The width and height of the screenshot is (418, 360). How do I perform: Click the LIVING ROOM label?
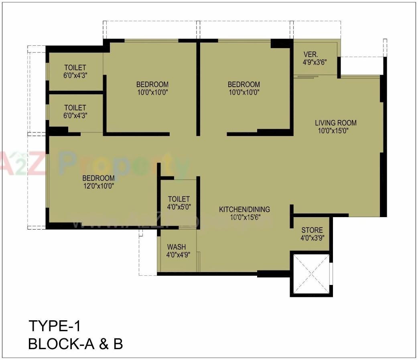click(335, 123)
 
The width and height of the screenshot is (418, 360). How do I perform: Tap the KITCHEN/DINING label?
click(244, 209)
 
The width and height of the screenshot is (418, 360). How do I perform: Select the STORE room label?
click(312, 230)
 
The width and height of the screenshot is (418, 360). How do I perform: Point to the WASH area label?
click(176, 247)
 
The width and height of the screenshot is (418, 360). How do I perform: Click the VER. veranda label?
click(310, 55)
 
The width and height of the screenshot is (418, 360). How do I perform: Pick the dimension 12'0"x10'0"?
click(98, 186)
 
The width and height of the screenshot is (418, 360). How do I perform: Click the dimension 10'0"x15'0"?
click(335, 130)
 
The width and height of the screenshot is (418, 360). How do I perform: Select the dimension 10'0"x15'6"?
click(244, 217)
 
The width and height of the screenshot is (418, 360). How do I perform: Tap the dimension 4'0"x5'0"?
click(179, 207)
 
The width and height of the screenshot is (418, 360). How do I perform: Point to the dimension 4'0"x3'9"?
click(312, 238)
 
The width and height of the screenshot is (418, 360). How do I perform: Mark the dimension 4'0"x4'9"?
click(178, 254)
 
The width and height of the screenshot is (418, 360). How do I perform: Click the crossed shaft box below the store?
click(311, 274)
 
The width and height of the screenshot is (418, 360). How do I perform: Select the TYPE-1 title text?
click(55, 325)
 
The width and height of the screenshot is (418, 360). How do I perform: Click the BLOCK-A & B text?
click(75, 344)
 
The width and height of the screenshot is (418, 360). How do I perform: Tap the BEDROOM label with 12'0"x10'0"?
click(98, 178)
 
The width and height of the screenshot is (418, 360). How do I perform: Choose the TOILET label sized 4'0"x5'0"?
click(179, 199)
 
